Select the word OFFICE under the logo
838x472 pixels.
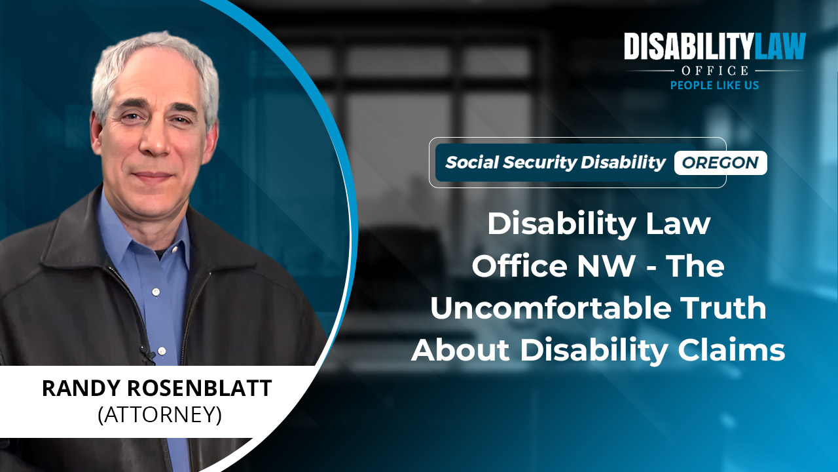tap(714, 70)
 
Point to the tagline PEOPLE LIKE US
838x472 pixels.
tap(714, 85)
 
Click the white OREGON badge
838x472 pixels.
tap(721, 163)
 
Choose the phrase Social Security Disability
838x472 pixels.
tap(555, 163)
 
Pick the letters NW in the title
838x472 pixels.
tap(606, 266)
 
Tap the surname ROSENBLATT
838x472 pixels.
tap(200, 388)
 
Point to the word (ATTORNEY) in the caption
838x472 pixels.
tap(160, 415)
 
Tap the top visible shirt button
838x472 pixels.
tap(156, 291)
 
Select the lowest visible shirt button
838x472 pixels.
tap(162, 351)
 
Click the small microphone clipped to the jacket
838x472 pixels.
tap(147, 353)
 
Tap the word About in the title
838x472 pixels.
tap(460, 350)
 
